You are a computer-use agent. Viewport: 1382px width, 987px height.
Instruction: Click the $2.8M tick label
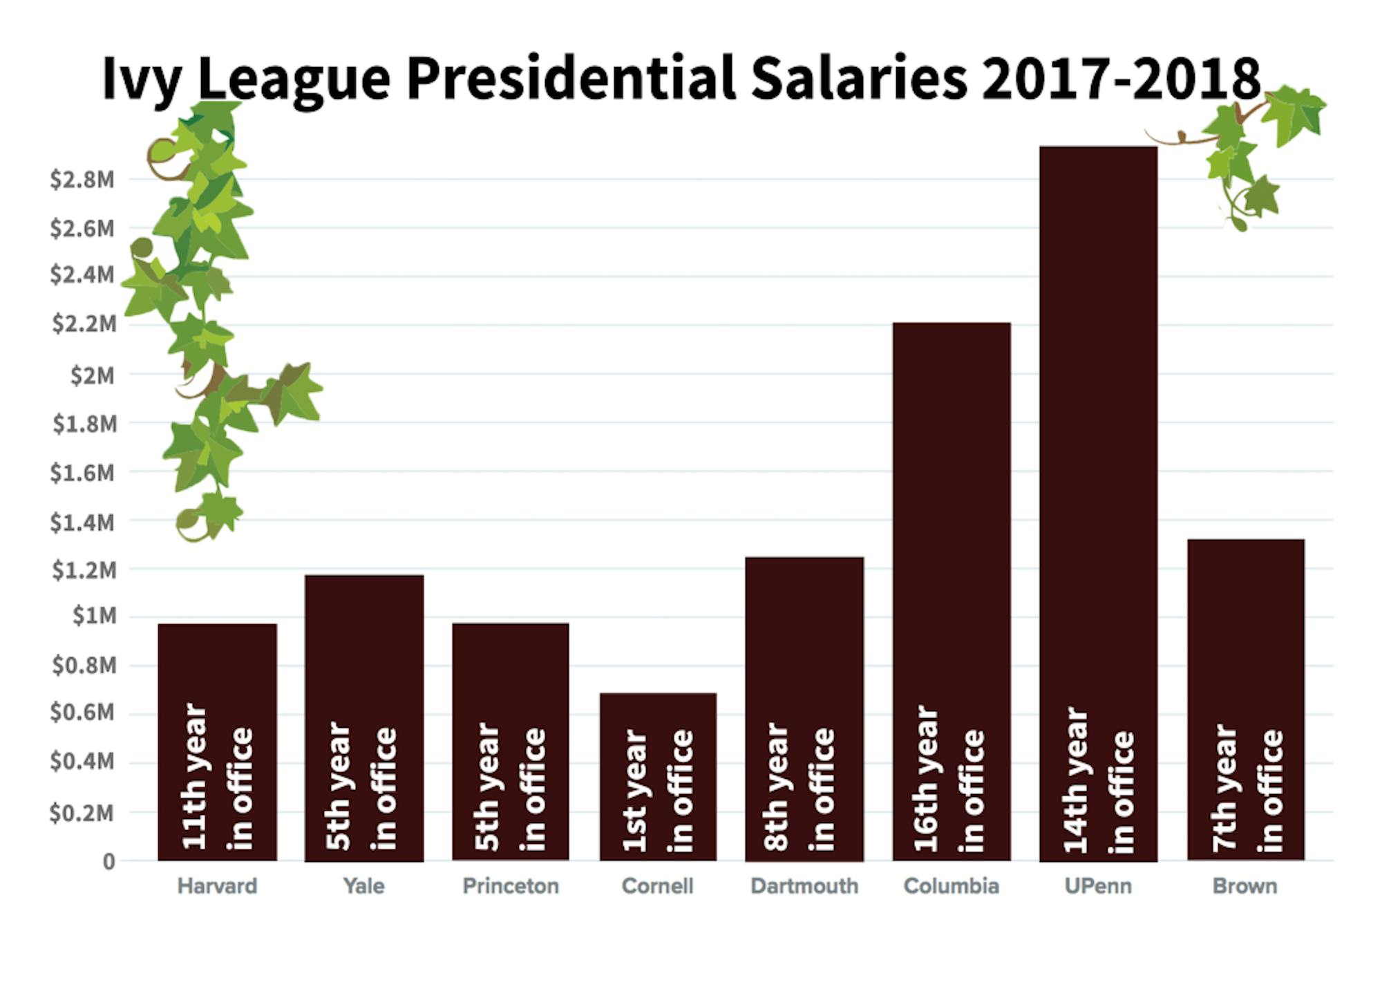[82, 180]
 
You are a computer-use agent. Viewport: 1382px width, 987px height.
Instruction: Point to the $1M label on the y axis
[95, 616]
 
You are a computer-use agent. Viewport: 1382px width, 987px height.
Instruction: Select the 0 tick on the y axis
[108, 862]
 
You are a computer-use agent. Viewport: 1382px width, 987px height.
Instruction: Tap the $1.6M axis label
[82, 473]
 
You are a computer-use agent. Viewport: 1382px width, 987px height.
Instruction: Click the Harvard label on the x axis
[217, 886]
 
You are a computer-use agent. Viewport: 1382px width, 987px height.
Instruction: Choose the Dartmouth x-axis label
[804, 886]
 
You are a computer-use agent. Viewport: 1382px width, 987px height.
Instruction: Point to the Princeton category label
[511, 886]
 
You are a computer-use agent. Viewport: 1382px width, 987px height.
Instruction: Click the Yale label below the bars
[363, 886]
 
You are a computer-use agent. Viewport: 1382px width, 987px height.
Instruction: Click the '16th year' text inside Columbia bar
[926, 778]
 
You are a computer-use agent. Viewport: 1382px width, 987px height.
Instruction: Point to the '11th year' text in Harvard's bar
[194, 775]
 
